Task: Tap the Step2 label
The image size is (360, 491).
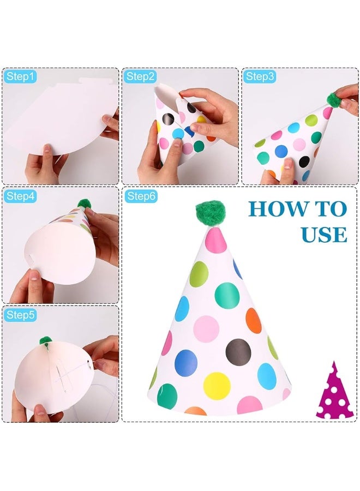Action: [141, 77]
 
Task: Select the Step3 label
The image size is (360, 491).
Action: [260, 77]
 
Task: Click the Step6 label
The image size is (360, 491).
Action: [141, 196]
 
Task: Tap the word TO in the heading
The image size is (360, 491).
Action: [329, 209]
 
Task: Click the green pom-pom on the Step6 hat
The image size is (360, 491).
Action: [210, 215]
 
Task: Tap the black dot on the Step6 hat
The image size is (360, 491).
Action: [237, 350]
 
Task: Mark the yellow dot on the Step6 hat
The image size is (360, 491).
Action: [217, 386]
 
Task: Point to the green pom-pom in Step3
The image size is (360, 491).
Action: [333, 99]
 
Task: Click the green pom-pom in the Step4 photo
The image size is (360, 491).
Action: [83, 203]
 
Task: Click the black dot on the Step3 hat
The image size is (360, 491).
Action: [304, 161]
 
